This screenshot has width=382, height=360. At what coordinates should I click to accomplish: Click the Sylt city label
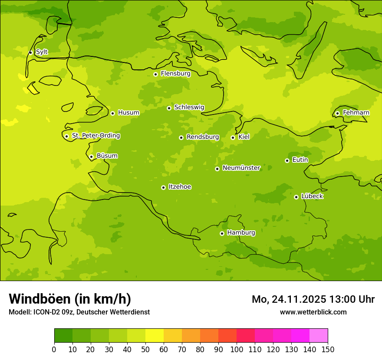click(x=42, y=52)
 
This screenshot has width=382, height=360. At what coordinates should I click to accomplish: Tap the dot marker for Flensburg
click(x=155, y=74)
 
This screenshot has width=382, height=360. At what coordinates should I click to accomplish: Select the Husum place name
click(x=128, y=113)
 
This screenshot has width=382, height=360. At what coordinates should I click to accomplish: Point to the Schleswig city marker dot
click(x=169, y=108)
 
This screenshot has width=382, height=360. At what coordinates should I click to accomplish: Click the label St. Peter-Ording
click(x=96, y=136)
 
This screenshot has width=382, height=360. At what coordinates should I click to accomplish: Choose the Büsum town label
click(x=107, y=156)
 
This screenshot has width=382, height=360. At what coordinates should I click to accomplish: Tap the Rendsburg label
click(x=203, y=137)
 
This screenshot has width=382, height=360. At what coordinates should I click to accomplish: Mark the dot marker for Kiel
click(x=233, y=137)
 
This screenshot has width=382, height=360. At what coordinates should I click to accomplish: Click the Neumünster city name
click(x=241, y=168)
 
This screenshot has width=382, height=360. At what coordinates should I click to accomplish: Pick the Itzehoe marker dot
click(x=163, y=187)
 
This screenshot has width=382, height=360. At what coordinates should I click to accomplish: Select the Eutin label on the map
click(x=300, y=160)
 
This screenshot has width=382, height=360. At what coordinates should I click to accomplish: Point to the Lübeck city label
click(x=312, y=196)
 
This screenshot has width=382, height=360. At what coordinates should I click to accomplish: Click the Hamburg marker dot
click(x=222, y=233)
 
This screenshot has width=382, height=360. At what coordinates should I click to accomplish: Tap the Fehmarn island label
click(x=356, y=113)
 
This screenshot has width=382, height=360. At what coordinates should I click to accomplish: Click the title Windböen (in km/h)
click(x=70, y=299)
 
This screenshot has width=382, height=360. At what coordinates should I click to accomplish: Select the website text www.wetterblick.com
click(x=313, y=312)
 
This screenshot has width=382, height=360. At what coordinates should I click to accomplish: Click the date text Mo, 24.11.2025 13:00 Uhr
click(x=313, y=299)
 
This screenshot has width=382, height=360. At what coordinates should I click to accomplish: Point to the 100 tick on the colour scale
click(x=237, y=349)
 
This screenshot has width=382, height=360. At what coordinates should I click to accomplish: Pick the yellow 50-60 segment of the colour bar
click(x=155, y=336)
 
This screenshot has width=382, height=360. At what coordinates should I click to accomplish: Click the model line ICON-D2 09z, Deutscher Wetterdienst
click(x=79, y=312)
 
